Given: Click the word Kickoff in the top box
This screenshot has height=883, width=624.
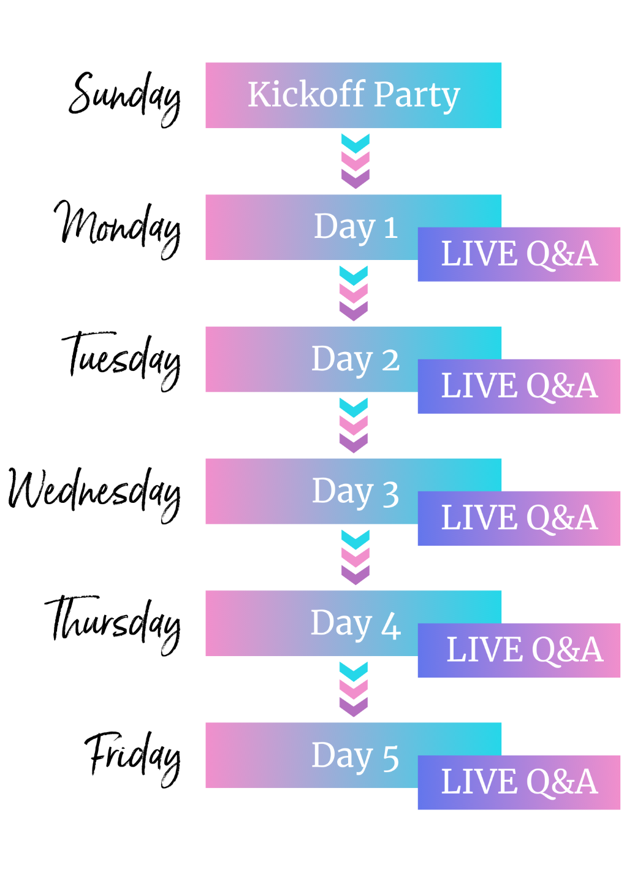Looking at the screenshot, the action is click(306, 94).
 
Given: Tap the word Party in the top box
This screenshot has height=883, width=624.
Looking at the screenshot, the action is click(417, 96).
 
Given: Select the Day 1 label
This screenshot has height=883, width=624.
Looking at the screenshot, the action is click(356, 227).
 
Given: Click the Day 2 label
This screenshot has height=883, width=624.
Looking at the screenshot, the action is click(356, 359).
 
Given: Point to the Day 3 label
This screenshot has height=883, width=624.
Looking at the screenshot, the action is click(356, 491).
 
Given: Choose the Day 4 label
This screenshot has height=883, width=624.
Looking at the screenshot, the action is click(356, 624).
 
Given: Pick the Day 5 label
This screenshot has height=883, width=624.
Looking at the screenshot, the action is click(356, 755).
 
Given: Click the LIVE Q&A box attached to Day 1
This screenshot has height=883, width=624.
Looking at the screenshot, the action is click(519, 254).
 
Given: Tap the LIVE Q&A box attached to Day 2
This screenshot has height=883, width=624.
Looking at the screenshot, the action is click(519, 386).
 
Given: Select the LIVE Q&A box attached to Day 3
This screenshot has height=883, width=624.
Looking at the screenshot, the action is click(519, 518).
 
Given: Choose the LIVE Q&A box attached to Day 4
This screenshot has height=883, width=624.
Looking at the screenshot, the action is click(519, 651).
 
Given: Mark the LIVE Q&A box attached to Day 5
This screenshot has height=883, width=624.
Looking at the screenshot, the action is click(519, 782).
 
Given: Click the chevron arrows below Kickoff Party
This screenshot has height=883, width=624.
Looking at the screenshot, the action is click(356, 161).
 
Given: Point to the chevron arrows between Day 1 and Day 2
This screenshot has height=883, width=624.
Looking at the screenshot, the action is click(354, 293).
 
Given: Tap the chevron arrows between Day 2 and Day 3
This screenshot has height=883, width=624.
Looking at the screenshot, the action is click(354, 425).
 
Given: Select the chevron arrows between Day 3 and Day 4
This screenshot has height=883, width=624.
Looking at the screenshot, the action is click(356, 557).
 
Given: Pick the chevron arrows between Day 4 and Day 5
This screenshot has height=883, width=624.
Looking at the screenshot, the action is click(354, 689).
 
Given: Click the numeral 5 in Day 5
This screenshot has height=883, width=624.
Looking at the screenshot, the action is click(390, 758).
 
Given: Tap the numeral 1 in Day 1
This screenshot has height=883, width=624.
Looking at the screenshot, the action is click(390, 228).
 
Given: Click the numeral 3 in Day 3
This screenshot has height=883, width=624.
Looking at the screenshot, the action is click(390, 494).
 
